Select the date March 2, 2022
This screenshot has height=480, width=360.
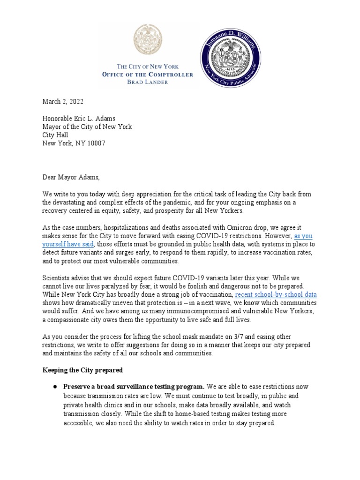[x=63, y=102]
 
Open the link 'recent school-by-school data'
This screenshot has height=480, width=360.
[x=276, y=295]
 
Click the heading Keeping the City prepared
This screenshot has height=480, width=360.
[x=82, y=370]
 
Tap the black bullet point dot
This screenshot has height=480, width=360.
[x=55, y=387]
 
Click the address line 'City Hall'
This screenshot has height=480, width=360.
[x=55, y=135]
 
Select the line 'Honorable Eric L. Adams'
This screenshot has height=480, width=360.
[x=80, y=119]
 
